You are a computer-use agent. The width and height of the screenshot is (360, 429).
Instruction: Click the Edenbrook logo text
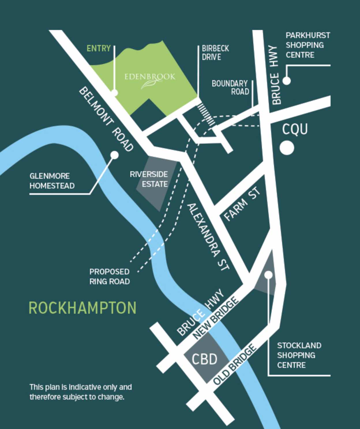[150, 77]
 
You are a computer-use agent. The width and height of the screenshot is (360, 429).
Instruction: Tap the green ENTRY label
[99, 48]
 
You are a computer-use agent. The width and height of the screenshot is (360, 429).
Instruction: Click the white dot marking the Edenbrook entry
[115, 93]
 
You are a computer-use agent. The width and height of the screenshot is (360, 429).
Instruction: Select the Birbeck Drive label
[215, 53]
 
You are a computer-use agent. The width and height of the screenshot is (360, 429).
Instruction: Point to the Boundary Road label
[230, 88]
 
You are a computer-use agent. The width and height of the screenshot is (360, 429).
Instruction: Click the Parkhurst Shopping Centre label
[307, 45]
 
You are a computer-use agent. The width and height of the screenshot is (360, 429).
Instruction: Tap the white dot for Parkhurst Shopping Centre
[286, 80]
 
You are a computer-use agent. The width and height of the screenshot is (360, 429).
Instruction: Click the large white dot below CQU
[287, 148]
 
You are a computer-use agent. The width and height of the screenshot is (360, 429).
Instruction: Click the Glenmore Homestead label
[52, 181]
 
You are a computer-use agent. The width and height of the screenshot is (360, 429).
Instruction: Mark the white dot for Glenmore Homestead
[115, 155]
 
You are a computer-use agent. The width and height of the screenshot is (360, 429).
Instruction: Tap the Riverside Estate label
[149, 179]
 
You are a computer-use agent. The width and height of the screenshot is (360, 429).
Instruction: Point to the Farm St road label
[243, 204]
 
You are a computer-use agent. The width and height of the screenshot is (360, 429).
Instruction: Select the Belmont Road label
[106, 119]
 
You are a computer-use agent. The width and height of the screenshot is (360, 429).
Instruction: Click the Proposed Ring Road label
[109, 276]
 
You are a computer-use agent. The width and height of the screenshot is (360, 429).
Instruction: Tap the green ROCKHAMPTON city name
[82, 308]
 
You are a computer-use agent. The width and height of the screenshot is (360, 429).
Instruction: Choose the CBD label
[205, 359]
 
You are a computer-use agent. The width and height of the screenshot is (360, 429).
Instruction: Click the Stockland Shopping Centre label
[299, 355]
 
